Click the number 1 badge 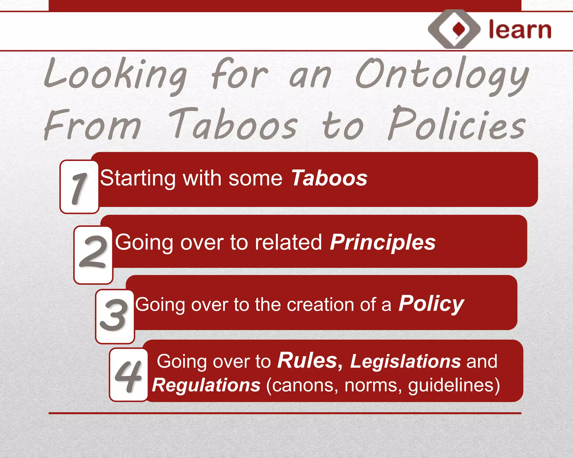(79, 187)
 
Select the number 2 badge (93, 255)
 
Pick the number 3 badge (114, 316)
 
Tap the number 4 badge (128, 375)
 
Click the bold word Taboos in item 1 (329, 178)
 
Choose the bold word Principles (382, 242)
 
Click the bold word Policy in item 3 (431, 304)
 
